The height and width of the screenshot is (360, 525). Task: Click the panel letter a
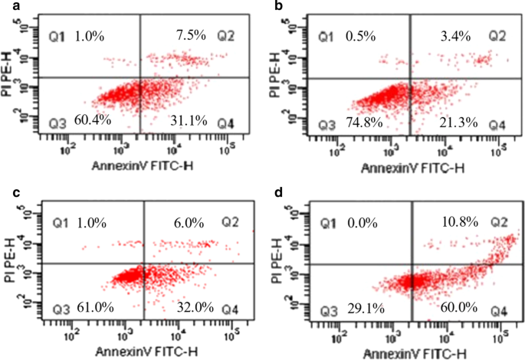click(7, 6)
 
